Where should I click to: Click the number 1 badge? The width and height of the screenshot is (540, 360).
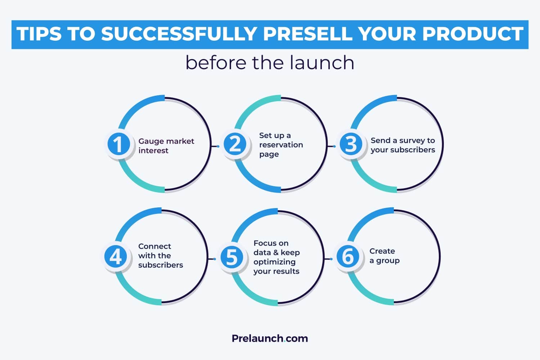click(x=118, y=144)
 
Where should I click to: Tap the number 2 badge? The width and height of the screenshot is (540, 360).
click(x=235, y=144)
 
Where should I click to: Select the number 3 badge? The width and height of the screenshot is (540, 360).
click(x=351, y=144)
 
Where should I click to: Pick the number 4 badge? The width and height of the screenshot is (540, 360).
click(x=116, y=257)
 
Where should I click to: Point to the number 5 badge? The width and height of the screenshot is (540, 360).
click(x=231, y=257)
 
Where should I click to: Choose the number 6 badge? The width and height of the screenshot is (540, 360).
click(x=347, y=257)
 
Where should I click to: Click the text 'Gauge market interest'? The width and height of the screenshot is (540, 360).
click(x=166, y=146)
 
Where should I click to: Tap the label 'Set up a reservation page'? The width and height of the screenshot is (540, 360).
click(x=281, y=145)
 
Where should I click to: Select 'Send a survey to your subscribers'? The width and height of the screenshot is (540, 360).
click(x=402, y=145)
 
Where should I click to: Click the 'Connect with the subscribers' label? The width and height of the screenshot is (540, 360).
click(x=160, y=256)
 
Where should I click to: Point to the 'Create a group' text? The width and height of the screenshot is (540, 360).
click(x=384, y=256)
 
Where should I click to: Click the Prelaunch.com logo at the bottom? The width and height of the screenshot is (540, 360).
click(x=270, y=338)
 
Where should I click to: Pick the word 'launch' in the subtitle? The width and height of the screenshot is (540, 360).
click(x=317, y=63)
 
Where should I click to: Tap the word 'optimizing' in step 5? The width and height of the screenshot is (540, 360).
click(x=274, y=262)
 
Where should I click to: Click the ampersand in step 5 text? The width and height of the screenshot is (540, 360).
click(x=276, y=252)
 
